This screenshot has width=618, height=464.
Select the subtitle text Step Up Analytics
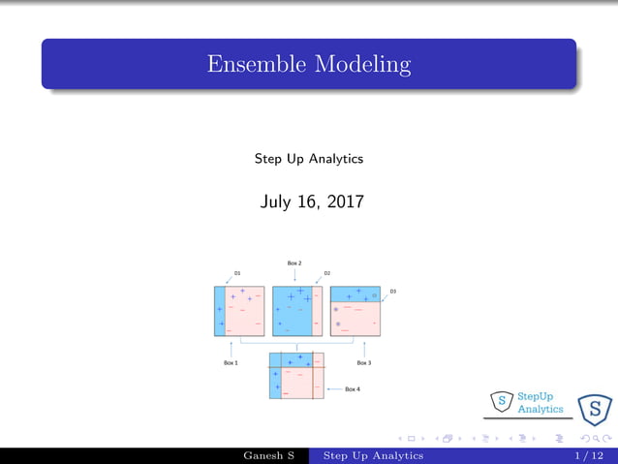point(308,158)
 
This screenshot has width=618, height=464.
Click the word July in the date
point(277,202)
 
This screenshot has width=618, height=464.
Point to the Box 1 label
point(231,363)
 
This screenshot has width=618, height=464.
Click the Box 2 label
point(294,263)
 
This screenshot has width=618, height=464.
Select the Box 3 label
point(363,363)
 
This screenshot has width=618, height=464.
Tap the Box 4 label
point(353,389)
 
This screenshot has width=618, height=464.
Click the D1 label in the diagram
point(237,273)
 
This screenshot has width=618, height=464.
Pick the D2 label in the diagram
point(327,273)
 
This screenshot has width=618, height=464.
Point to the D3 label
point(392,291)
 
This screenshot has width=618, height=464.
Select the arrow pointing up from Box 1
point(231,346)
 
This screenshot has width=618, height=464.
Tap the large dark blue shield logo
point(594,410)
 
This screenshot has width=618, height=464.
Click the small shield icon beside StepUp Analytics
point(502,400)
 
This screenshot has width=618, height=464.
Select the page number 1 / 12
point(589,455)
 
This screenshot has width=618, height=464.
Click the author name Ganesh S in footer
point(270,455)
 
